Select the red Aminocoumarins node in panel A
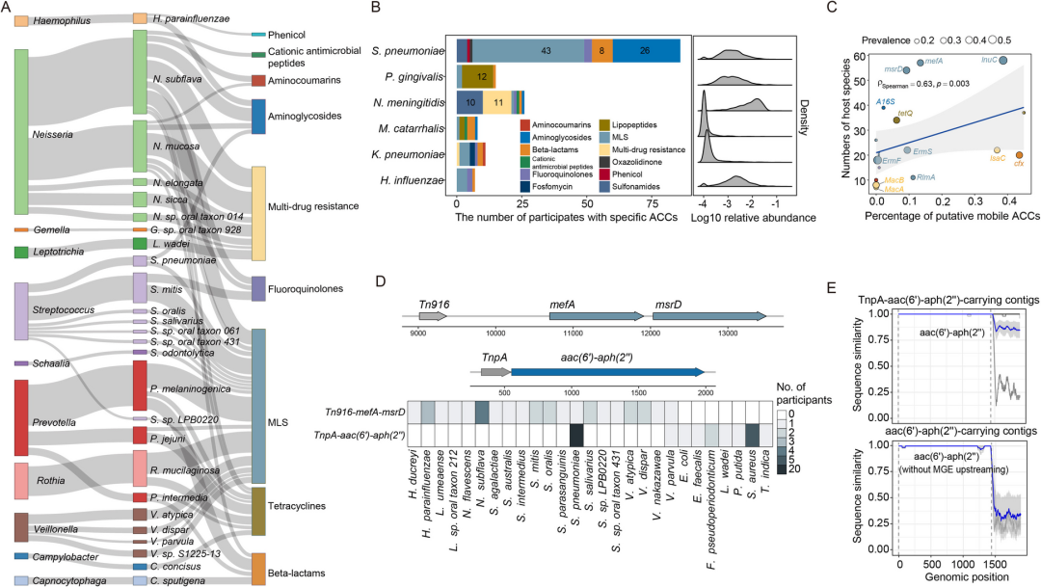[257, 80]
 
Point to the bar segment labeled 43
[546, 49]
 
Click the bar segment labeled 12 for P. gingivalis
[481, 75]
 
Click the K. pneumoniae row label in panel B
[417, 153]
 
